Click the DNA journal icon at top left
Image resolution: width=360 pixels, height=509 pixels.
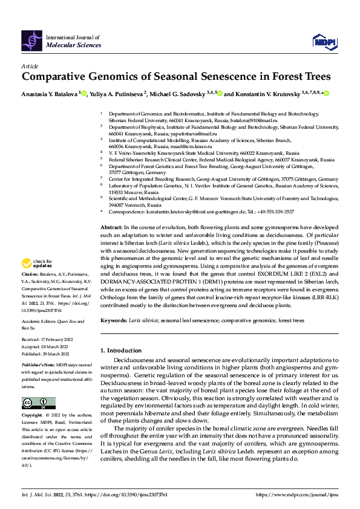(x=32, y=40)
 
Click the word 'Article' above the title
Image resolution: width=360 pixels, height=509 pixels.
(x=30, y=66)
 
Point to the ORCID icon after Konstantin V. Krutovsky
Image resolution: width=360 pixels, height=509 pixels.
(x=326, y=94)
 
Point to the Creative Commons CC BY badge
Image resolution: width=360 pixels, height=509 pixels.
(x=38, y=403)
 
